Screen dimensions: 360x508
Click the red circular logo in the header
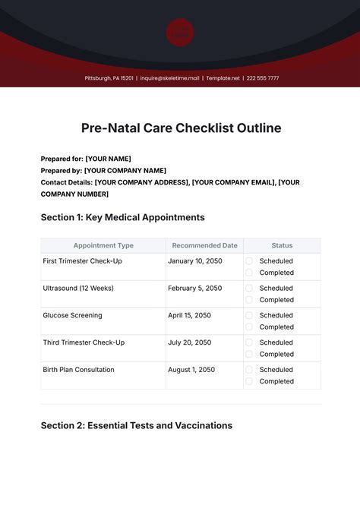tap(180, 33)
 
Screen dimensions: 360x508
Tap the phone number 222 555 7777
tap(262, 78)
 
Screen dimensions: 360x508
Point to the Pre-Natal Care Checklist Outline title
tap(180, 128)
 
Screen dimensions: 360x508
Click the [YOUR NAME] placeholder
tap(114, 159)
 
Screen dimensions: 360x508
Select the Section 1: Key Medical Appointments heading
tap(122, 217)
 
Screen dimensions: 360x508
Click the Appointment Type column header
tap(103, 245)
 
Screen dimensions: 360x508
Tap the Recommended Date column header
tap(204, 245)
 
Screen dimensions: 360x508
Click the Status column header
tap(282, 245)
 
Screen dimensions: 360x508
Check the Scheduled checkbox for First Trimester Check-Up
tap(249, 261)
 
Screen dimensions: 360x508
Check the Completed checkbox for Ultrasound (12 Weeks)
tap(249, 300)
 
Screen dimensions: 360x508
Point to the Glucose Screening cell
tap(72, 315)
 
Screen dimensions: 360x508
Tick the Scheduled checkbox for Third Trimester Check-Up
tap(249, 342)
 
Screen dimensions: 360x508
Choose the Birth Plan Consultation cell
tap(79, 370)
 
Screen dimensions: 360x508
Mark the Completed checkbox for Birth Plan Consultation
tap(249, 381)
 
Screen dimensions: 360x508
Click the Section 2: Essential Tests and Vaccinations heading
tap(136, 425)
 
